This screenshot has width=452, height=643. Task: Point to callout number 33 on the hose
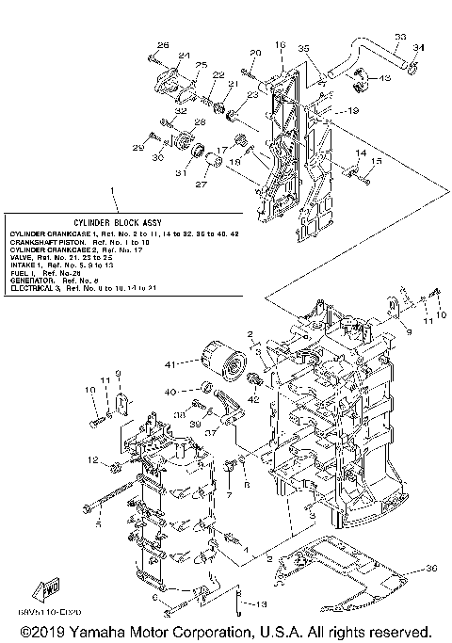click(x=400, y=37)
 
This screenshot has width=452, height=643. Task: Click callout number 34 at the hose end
click(x=420, y=47)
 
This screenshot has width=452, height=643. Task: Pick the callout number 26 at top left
click(x=163, y=45)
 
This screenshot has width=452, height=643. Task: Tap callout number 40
click(x=171, y=392)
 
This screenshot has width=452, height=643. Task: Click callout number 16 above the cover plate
click(x=280, y=44)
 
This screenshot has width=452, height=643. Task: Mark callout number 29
click(x=138, y=148)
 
